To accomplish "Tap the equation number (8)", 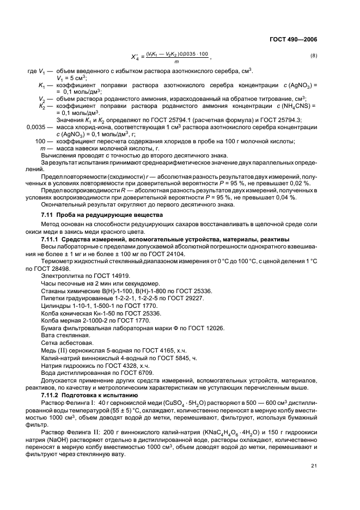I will tap(313, 56).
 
